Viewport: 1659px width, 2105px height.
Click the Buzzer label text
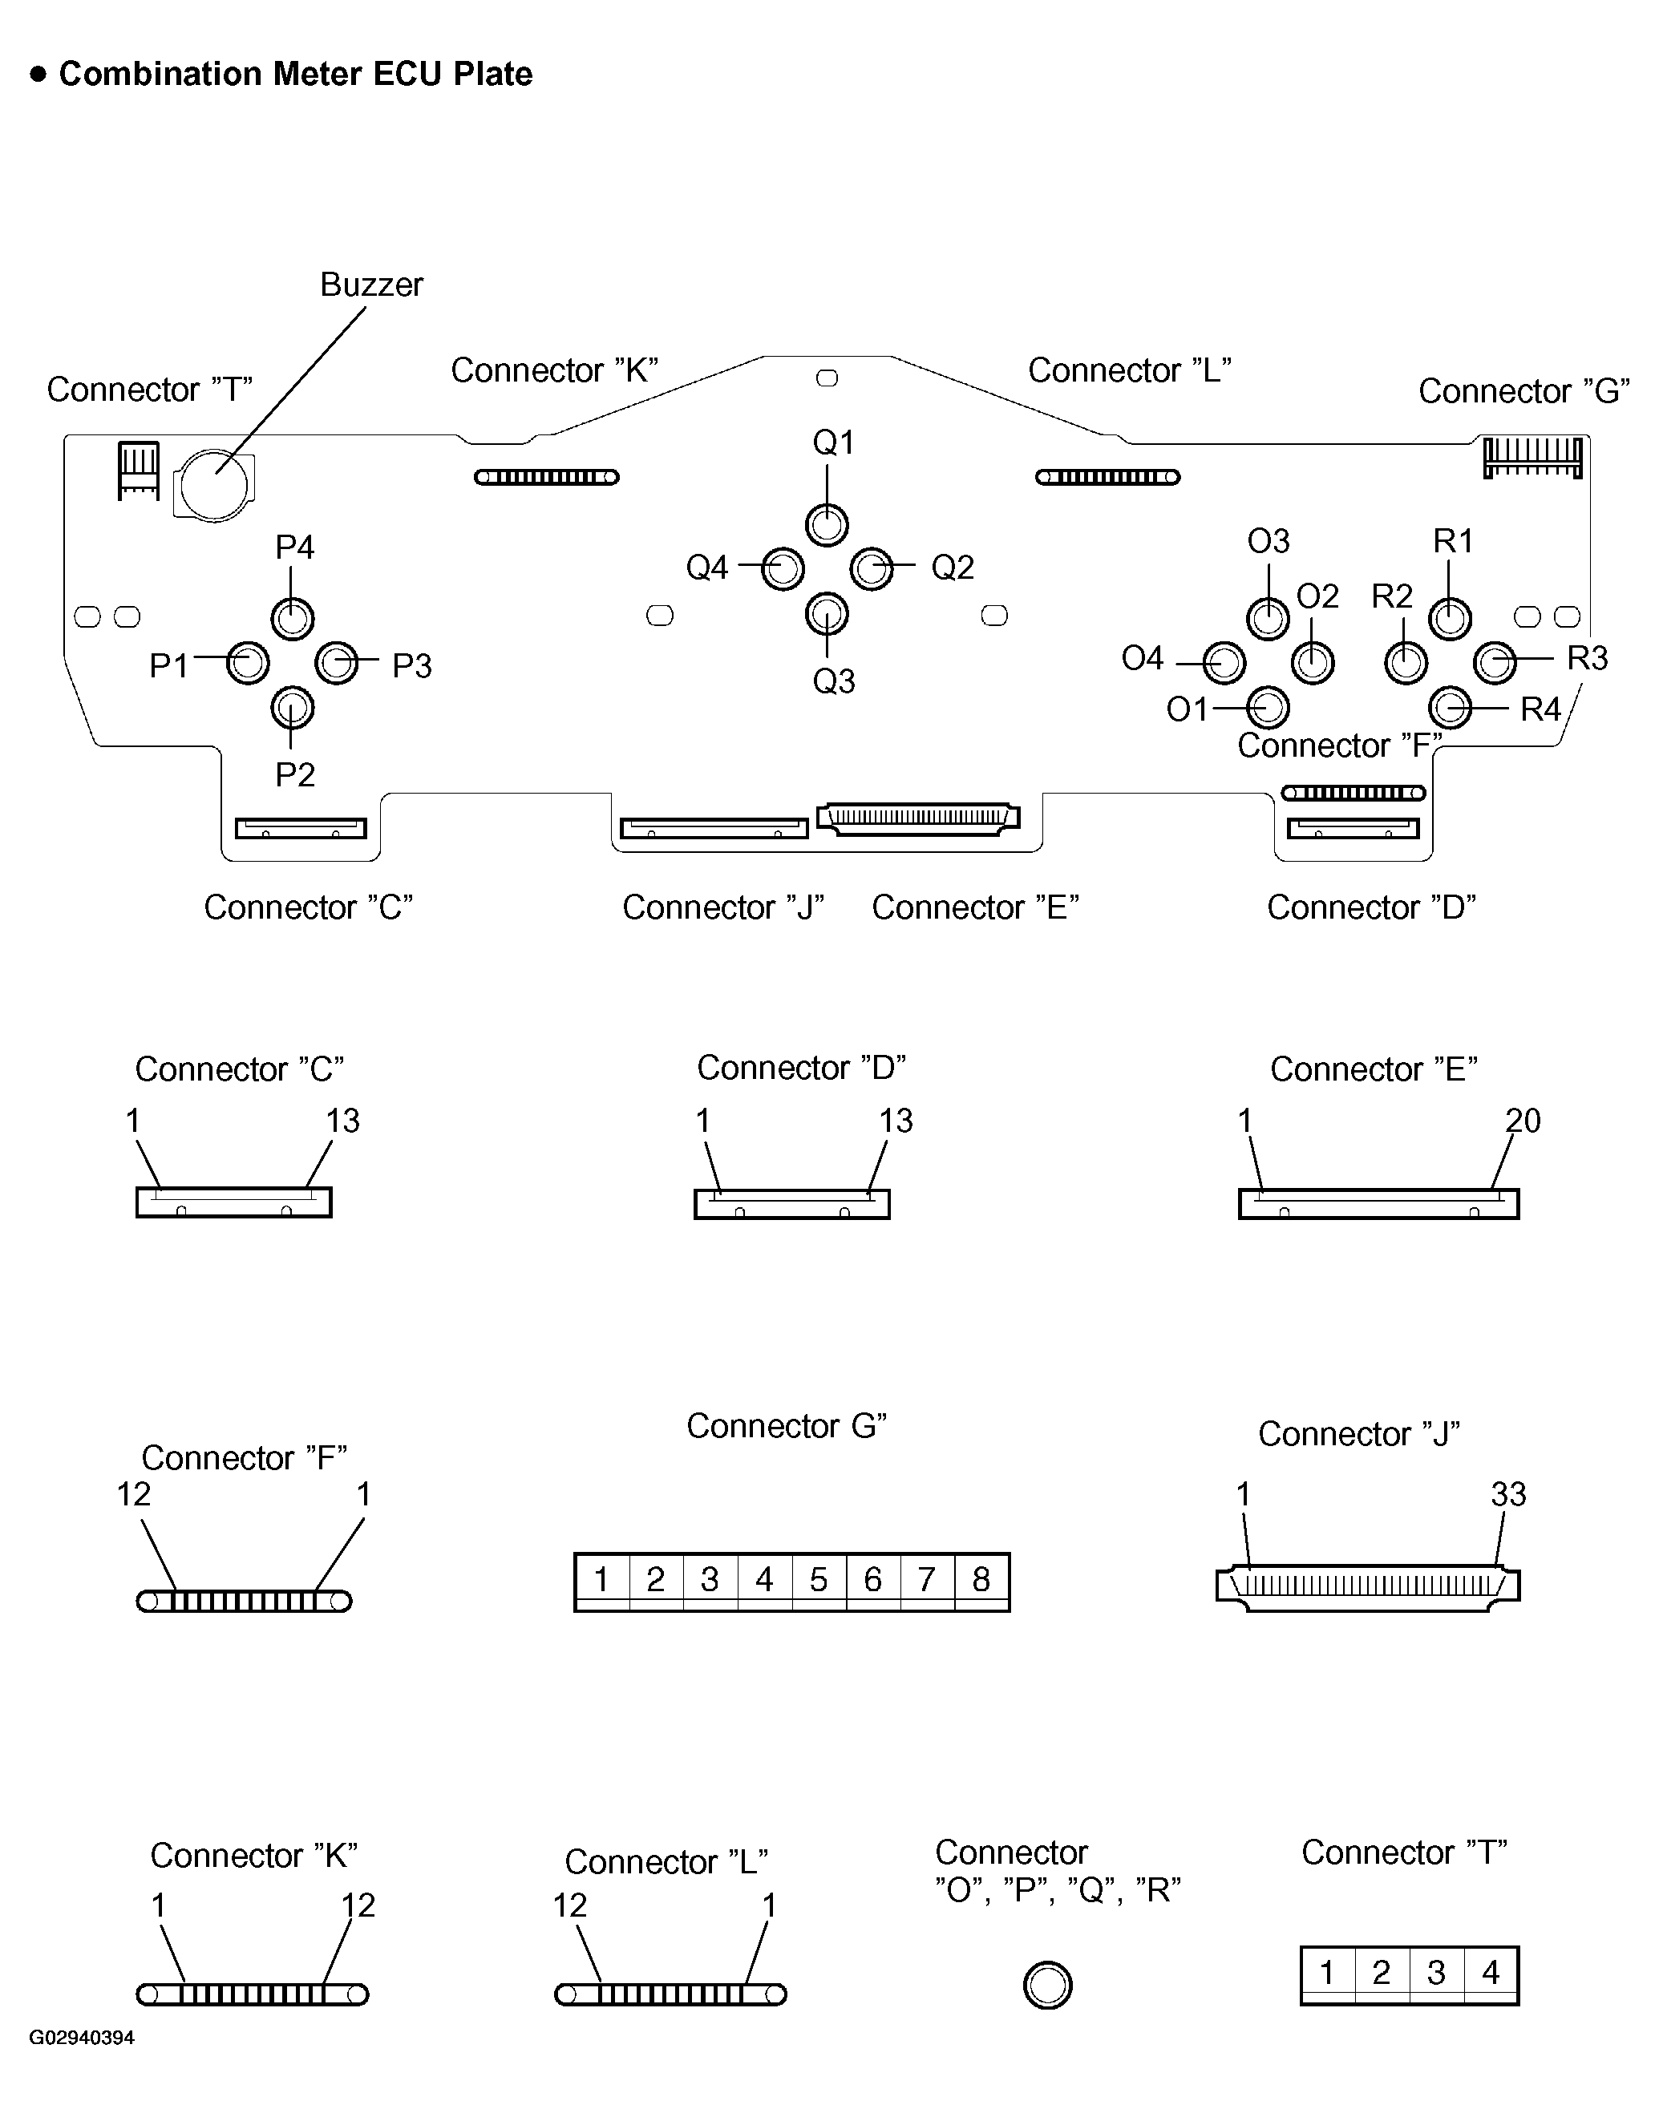click(371, 285)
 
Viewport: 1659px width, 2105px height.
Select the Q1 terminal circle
click(827, 525)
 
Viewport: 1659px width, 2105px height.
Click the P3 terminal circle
click(337, 663)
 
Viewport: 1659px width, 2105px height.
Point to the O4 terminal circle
click(1224, 663)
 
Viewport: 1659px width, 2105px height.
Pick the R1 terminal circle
click(1451, 619)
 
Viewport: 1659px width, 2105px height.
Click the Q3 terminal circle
click(827, 614)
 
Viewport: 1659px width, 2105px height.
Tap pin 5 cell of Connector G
click(819, 1579)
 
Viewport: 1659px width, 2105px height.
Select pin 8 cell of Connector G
click(981, 1579)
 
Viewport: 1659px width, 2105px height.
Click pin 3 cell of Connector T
click(1435, 1972)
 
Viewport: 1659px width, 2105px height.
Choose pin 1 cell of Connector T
click(1327, 1972)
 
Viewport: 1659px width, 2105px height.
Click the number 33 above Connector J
click(1507, 1494)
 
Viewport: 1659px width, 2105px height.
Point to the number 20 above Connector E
click(1522, 1121)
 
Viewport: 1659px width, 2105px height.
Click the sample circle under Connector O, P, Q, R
click(1047, 1985)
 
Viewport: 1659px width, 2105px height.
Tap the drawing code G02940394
click(82, 2037)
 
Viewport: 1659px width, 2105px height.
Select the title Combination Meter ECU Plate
click(295, 74)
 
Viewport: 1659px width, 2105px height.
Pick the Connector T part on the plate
click(139, 470)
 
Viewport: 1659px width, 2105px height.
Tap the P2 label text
click(294, 774)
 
